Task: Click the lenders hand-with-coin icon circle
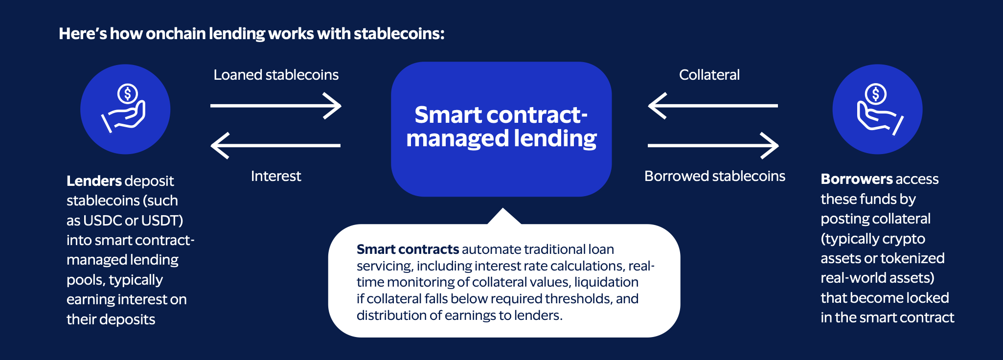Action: [x=125, y=109]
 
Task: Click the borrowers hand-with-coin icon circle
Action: [x=877, y=109]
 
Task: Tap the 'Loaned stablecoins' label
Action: [x=276, y=75]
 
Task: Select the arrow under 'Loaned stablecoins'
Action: [x=276, y=106]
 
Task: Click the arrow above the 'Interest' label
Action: [x=276, y=145]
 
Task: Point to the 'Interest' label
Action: [x=276, y=176]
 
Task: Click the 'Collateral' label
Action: [x=709, y=75]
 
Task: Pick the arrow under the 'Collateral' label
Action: [x=713, y=106]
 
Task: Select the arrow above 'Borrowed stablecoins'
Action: [x=713, y=145]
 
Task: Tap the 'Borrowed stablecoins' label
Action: [x=714, y=176]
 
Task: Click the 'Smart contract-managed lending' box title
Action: [x=501, y=127]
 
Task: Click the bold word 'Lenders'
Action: [x=93, y=181]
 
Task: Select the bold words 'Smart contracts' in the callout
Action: [x=408, y=249]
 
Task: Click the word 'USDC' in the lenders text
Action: [x=103, y=221]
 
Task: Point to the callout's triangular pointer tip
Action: [x=503, y=210]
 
